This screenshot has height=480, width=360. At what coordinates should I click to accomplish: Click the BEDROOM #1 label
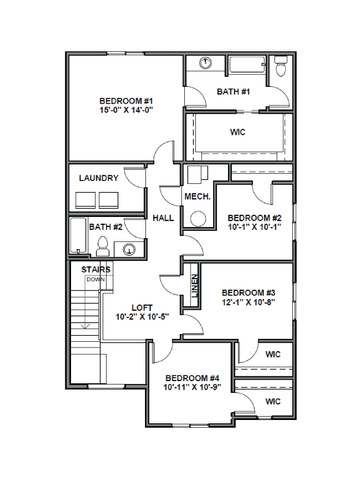click(126, 101)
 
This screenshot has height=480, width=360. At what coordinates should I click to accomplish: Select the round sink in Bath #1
click(206, 63)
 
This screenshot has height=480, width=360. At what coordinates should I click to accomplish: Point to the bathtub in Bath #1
click(247, 65)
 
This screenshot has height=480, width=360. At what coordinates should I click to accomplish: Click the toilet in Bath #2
click(103, 246)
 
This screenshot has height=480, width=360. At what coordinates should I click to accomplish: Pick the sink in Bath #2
click(129, 249)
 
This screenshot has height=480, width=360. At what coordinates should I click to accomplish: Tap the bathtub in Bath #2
click(78, 236)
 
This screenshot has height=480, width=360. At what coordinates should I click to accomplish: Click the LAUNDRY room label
click(99, 178)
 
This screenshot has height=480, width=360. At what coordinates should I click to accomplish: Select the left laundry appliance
click(85, 200)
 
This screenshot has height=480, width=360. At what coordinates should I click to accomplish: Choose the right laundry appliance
click(109, 200)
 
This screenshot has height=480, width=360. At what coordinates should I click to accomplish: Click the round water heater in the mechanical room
click(198, 219)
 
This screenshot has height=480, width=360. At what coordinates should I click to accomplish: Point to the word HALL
click(163, 218)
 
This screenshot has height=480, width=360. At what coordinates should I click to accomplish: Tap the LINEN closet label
click(195, 286)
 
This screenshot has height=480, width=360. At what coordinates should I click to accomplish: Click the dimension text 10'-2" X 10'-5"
click(142, 317)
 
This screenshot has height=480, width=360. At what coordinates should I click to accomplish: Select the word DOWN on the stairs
click(96, 280)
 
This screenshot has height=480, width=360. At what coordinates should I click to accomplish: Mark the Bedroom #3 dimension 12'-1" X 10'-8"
click(248, 302)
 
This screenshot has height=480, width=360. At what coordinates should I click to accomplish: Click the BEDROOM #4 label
click(192, 378)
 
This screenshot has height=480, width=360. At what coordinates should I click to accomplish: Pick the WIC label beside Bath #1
click(238, 132)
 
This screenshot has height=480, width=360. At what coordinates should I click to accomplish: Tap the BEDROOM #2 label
click(255, 218)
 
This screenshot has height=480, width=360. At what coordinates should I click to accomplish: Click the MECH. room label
click(198, 197)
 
